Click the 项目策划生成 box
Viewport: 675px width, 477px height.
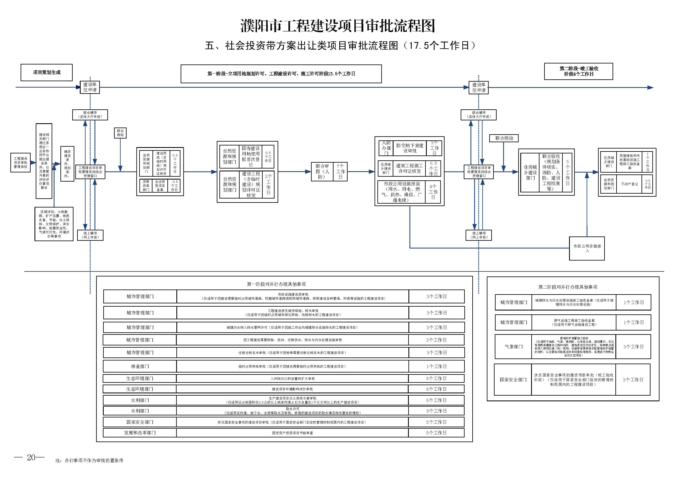[x=47, y=72]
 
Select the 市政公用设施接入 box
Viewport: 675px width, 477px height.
[x=587, y=248]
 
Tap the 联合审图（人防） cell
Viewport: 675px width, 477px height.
[x=322, y=172]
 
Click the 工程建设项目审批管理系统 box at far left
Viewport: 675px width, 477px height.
[x=21, y=163]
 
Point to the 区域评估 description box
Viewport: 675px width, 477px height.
[x=54, y=224]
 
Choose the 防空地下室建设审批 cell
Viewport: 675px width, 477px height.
[x=409, y=148]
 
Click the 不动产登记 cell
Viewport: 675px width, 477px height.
[x=629, y=184]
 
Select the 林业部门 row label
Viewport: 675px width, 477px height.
[x=140, y=366]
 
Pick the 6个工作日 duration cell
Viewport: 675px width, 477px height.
[x=436, y=389]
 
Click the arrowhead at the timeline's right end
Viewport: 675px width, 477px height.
[x=650, y=88]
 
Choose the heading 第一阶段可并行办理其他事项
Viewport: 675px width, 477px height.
[x=276, y=284]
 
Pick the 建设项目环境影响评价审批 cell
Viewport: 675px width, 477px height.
[x=292, y=389]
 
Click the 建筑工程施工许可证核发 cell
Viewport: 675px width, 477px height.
[x=409, y=168]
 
